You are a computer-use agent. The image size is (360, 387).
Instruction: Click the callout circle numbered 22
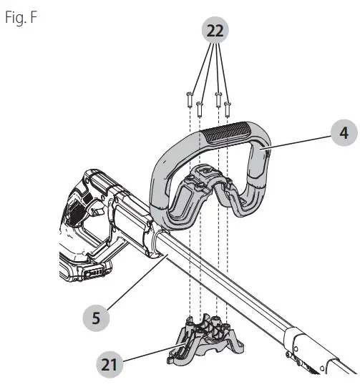(215, 31)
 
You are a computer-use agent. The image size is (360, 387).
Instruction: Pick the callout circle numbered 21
(107, 363)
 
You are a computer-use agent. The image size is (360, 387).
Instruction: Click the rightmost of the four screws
(228, 108)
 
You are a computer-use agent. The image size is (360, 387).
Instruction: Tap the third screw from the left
(218, 99)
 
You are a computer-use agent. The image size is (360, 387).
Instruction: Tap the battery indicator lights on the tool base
(94, 273)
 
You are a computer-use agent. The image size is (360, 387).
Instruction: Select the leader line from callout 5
(136, 286)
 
